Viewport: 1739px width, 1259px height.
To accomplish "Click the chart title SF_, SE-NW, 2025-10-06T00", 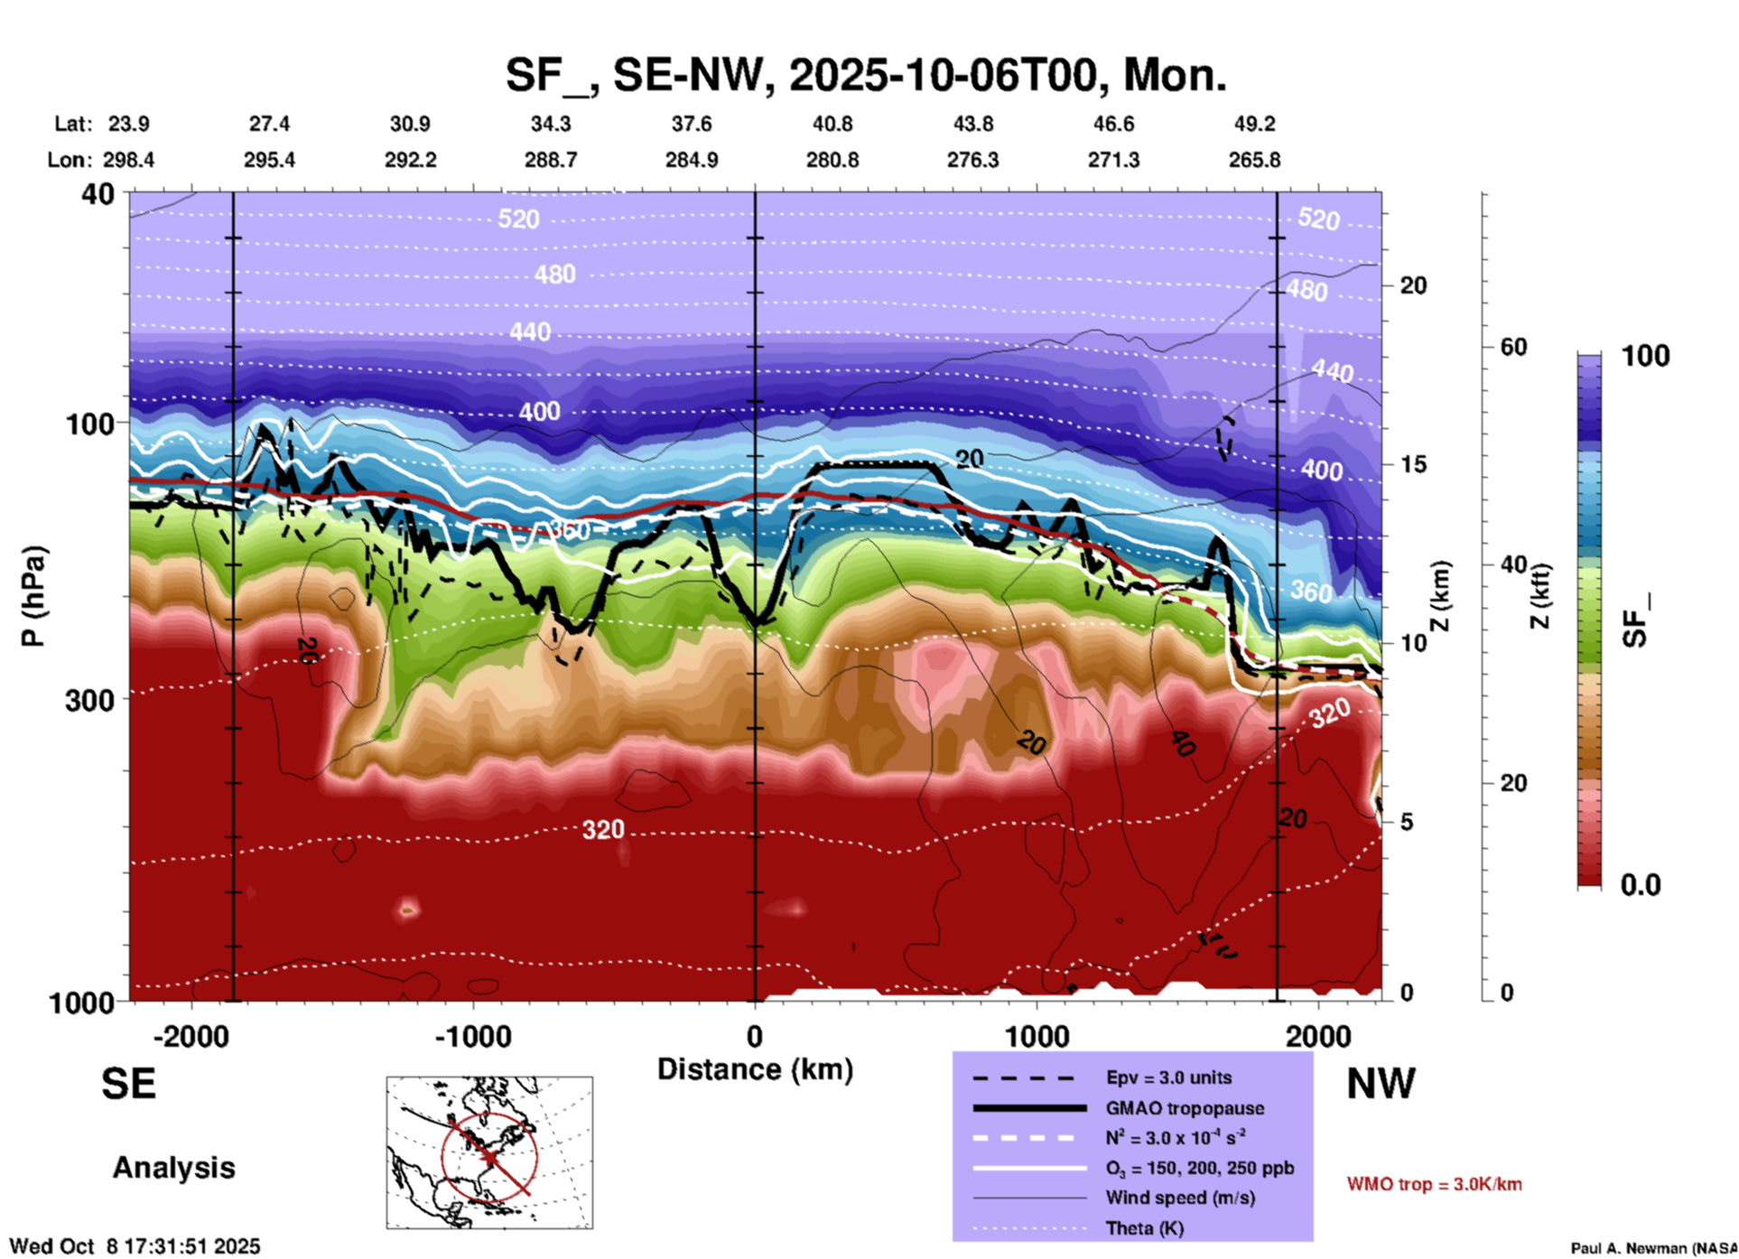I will (865, 75).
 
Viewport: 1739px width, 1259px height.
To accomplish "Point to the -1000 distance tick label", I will (473, 1036).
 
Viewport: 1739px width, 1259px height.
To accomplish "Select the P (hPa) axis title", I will (33, 596).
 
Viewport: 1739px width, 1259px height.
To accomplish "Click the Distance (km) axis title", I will (755, 1069).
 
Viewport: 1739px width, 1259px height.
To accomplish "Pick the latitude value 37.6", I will (692, 124).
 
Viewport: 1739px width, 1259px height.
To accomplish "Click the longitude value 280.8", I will (832, 160).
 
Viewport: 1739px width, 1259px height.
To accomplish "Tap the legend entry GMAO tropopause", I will (1184, 1108).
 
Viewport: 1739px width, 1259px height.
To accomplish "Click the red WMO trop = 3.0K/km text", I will (1434, 1184).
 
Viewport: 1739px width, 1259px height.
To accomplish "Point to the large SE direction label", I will (128, 1083).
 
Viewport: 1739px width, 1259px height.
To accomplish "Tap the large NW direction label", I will (1381, 1083).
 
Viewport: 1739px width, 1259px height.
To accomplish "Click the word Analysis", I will (173, 1168).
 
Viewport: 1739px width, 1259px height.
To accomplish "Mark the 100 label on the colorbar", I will (1645, 356).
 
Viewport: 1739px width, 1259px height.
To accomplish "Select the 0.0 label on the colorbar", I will (1641, 885).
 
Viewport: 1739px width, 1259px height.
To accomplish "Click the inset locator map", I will (489, 1152).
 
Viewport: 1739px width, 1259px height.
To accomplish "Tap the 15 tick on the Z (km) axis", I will (1413, 464).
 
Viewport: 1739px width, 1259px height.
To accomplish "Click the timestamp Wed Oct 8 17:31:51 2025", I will (135, 1246).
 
